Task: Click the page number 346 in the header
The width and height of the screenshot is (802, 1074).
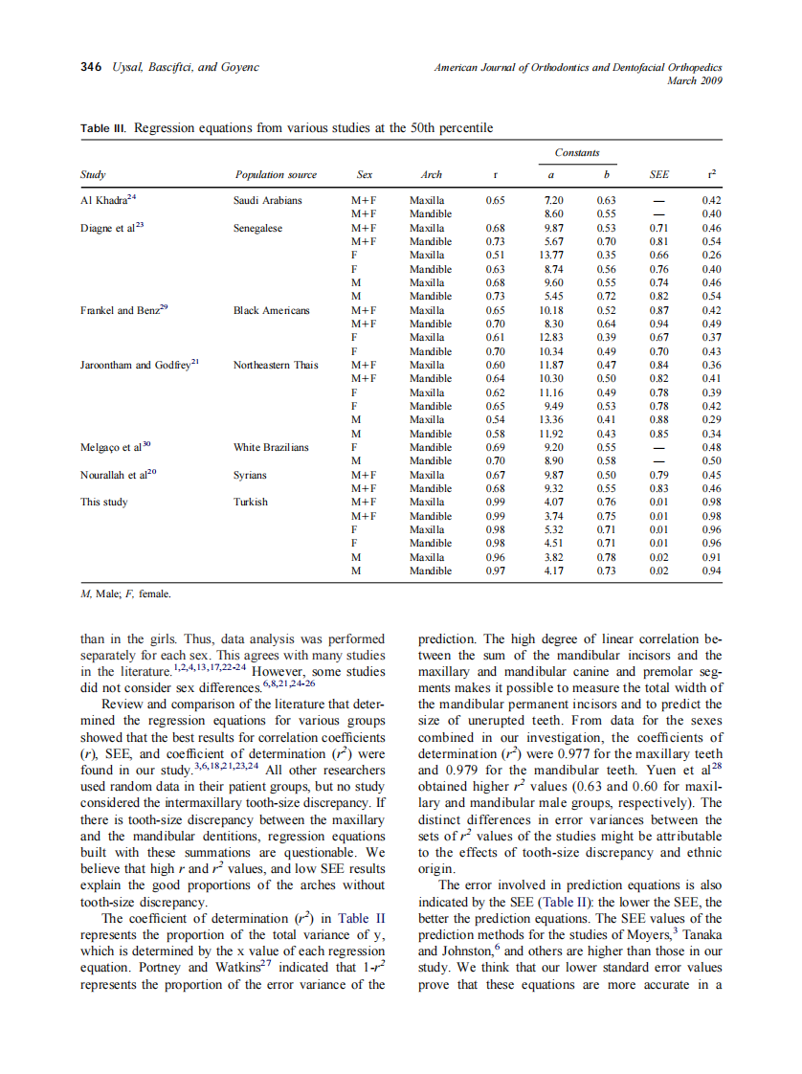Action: tap(92, 67)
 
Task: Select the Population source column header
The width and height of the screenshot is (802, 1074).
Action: tap(276, 175)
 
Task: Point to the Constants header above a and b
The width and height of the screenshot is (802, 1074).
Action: tap(577, 152)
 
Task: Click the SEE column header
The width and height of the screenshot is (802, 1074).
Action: tap(658, 175)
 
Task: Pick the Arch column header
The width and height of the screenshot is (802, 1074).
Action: tap(431, 175)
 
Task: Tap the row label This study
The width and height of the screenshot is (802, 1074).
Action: tap(103, 502)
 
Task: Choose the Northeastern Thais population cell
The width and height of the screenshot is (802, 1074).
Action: tap(277, 365)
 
